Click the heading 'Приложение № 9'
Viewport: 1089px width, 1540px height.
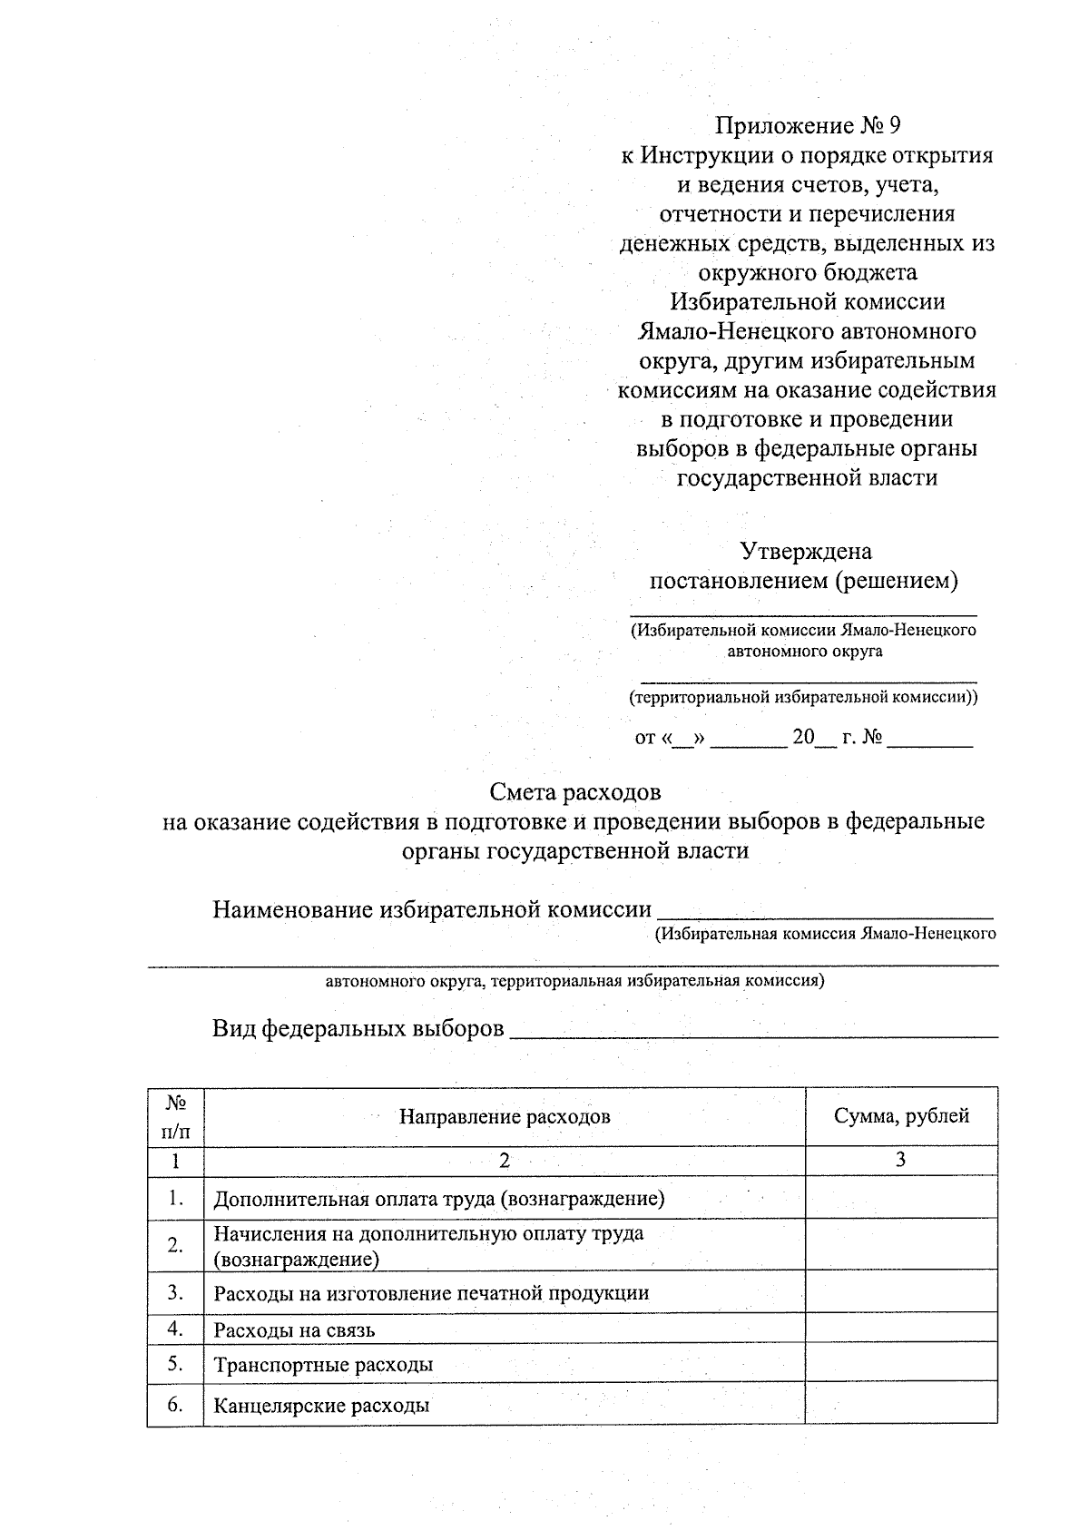[807, 125]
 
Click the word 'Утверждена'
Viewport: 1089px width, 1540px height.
[806, 551]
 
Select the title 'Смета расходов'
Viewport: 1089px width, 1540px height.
[575, 792]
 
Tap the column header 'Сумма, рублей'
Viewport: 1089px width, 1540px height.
[901, 1115]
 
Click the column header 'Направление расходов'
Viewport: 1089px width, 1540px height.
[505, 1116]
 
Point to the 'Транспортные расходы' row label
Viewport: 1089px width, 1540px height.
[323, 1365]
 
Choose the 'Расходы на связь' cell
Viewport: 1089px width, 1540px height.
[294, 1330]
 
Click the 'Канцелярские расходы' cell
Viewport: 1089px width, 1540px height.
[321, 1407]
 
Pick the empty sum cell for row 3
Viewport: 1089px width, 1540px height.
[901, 1292]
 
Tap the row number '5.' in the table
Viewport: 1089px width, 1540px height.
[176, 1364]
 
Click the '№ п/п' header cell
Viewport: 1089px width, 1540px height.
[176, 1116]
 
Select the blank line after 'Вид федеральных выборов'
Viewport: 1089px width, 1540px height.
[753, 1033]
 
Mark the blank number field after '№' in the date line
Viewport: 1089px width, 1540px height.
[929, 741]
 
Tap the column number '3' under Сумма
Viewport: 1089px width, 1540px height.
[900, 1160]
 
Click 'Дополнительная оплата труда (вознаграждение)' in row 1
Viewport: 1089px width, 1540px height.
[439, 1200]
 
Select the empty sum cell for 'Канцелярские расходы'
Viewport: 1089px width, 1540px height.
[901, 1406]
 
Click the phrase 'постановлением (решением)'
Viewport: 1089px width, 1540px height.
[804, 581]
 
